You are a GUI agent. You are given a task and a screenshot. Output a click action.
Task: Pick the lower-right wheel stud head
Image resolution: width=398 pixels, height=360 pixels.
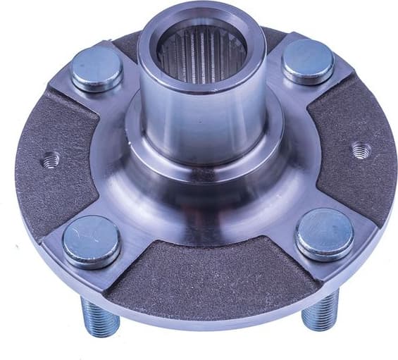[324, 233]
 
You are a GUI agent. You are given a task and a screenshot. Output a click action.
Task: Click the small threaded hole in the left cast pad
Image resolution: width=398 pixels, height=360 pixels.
[50, 160]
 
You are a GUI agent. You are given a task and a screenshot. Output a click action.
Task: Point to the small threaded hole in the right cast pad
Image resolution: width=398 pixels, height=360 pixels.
[361, 149]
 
